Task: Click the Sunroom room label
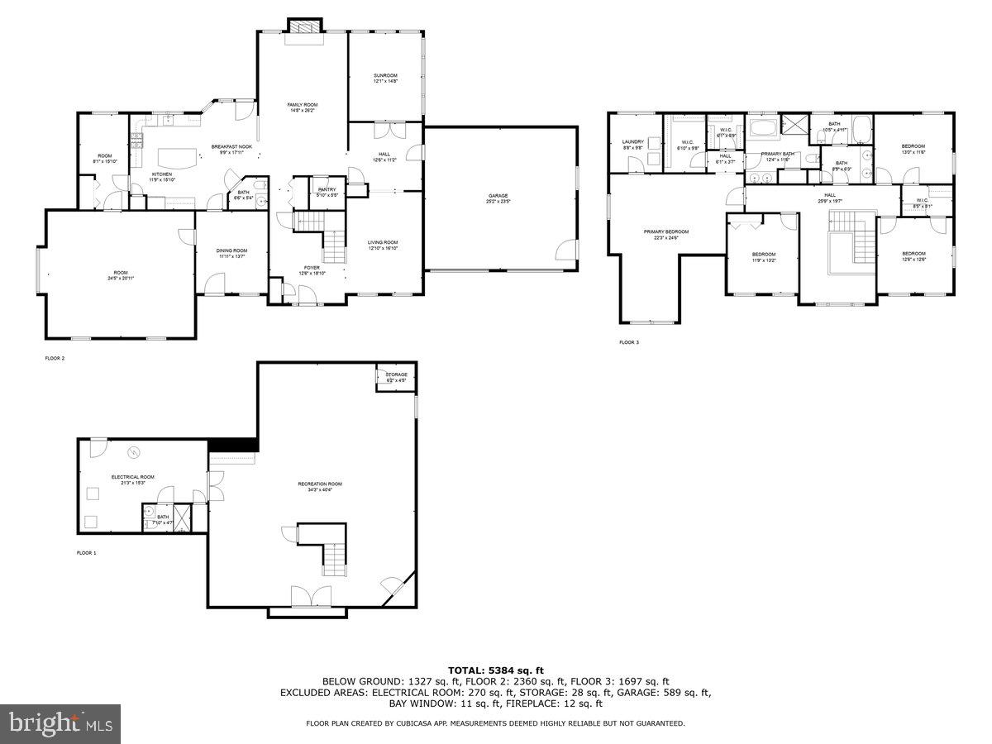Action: [385, 78]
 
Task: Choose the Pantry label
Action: [327, 192]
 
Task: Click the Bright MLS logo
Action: [60, 724]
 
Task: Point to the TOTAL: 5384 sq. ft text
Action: [495, 670]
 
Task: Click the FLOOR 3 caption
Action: [629, 342]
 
